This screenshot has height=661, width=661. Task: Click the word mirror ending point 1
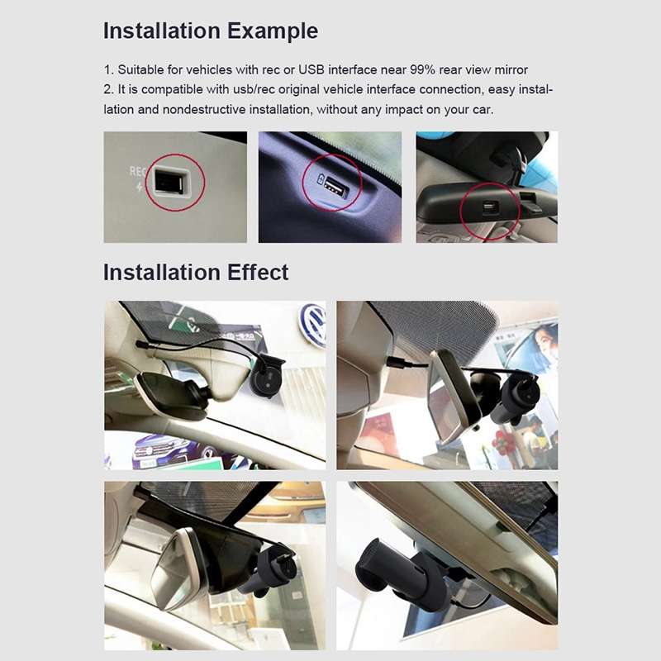[508, 69]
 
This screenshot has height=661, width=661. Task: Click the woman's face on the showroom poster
[541, 339]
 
